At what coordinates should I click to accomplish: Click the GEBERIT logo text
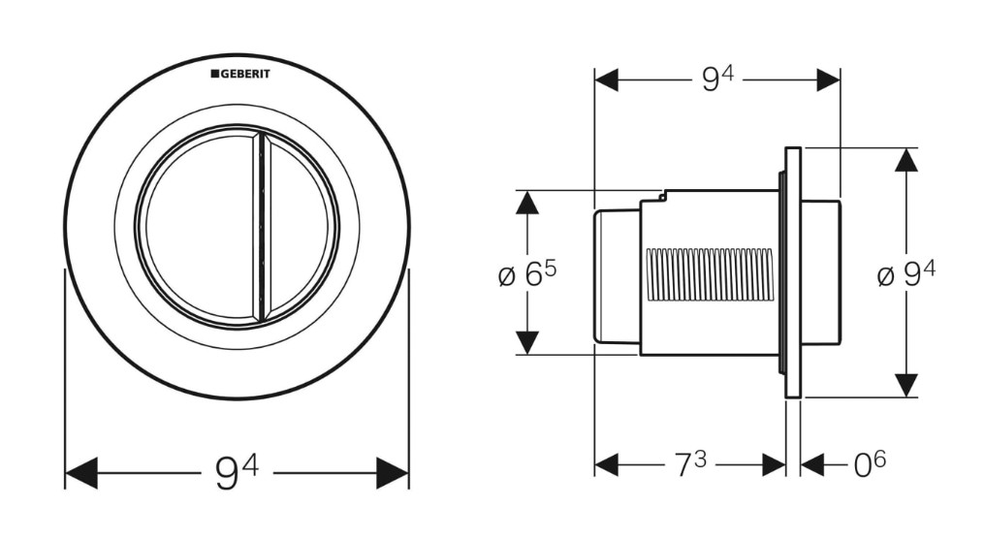(x=240, y=74)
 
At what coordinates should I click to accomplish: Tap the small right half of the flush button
(x=300, y=227)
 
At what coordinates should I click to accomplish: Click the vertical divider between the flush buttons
(x=260, y=227)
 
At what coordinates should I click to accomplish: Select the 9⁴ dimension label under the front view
(x=237, y=473)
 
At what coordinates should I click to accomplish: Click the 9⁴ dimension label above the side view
(x=717, y=79)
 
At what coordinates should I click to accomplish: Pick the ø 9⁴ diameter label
(x=906, y=273)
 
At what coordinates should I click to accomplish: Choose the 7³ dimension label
(x=690, y=465)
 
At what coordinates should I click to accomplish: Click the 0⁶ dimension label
(x=870, y=465)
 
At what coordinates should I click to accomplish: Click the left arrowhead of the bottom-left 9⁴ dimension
(x=81, y=473)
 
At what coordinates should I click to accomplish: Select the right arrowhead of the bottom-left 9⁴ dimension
(x=392, y=473)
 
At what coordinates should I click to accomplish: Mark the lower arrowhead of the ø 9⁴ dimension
(x=906, y=385)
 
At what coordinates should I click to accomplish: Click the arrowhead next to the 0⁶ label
(x=812, y=465)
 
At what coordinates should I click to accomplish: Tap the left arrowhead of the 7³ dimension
(x=607, y=465)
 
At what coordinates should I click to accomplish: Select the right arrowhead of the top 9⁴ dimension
(x=829, y=79)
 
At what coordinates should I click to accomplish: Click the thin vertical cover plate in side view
(x=793, y=272)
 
